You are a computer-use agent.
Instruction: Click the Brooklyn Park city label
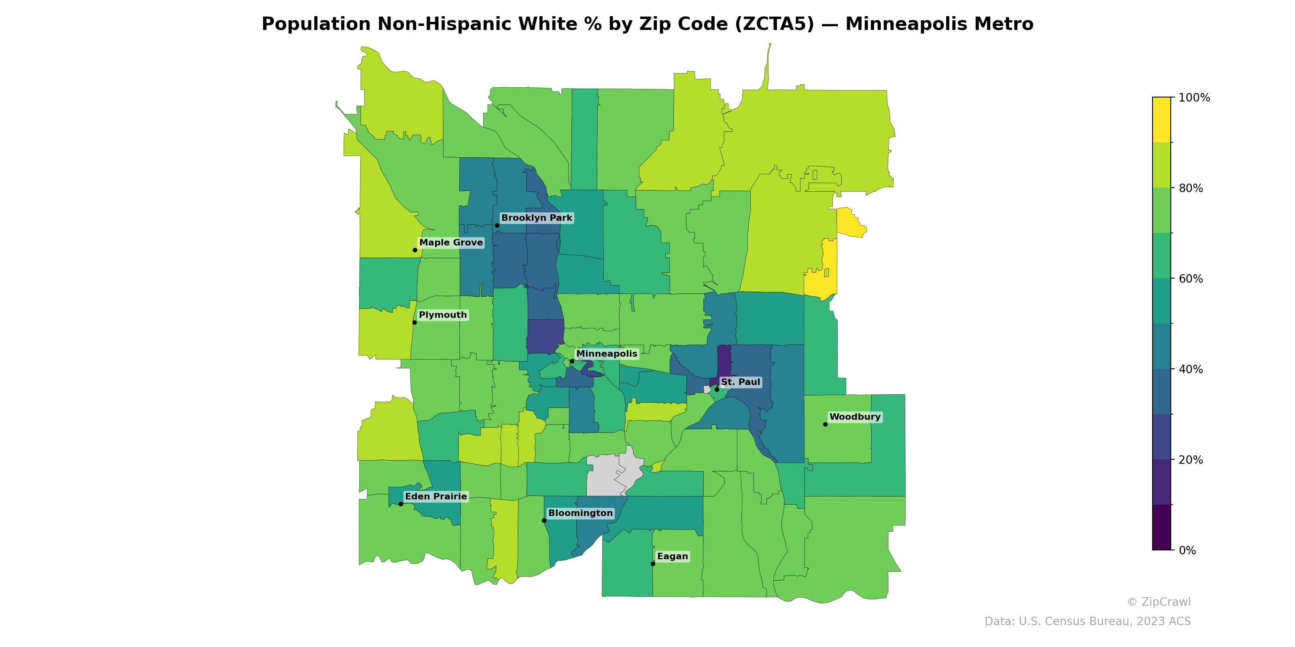click(536, 218)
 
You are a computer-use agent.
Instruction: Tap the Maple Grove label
click(451, 243)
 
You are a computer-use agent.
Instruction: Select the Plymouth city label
click(442, 315)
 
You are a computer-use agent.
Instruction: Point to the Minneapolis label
click(606, 354)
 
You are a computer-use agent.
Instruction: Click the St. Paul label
click(741, 382)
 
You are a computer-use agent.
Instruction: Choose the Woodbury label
click(855, 417)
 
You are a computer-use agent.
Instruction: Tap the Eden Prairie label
click(436, 496)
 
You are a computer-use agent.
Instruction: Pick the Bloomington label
click(580, 513)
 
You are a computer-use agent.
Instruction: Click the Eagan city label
click(672, 556)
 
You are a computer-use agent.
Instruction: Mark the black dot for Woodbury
click(825, 425)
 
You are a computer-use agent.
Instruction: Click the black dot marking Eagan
click(652, 564)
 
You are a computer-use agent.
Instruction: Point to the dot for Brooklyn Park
click(497, 226)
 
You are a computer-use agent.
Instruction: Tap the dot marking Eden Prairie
click(401, 504)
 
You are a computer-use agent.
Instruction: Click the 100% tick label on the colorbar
click(1194, 98)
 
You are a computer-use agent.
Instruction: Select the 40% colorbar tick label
click(1191, 369)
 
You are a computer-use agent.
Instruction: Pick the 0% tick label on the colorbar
click(1187, 550)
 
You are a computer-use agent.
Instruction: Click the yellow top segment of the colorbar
click(1161, 120)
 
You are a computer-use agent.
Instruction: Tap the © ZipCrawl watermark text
click(1158, 602)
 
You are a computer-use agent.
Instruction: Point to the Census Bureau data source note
click(1087, 622)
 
